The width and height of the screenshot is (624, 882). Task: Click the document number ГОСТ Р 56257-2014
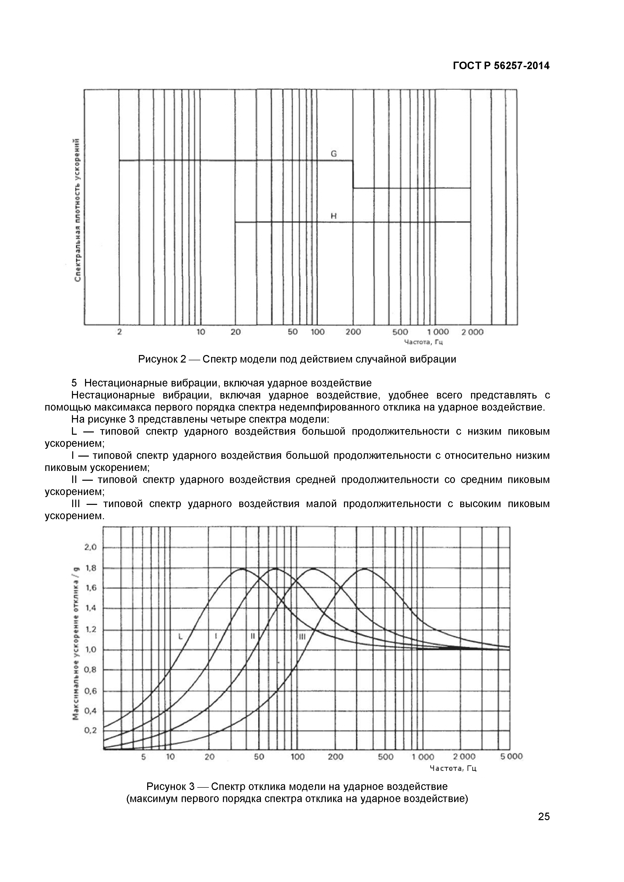click(x=501, y=66)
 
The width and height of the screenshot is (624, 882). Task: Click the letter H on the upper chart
click(x=334, y=216)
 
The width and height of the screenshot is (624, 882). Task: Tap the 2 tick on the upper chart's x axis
click(x=119, y=332)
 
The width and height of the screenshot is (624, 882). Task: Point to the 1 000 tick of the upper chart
click(x=438, y=332)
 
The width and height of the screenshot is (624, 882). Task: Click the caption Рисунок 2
click(x=162, y=359)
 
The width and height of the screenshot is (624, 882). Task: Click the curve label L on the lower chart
click(x=180, y=637)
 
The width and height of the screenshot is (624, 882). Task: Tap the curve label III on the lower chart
click(x=302, y=637)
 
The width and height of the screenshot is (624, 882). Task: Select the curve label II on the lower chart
click(x=253, y=636)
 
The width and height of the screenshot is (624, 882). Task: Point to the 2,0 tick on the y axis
click(x=91, y=547)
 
